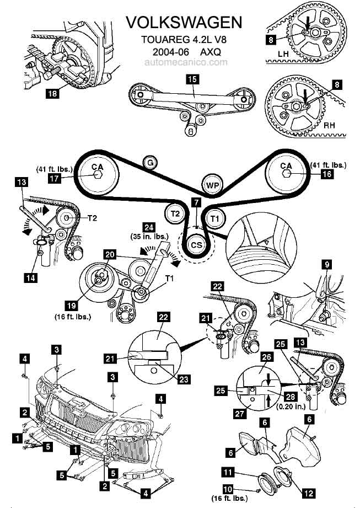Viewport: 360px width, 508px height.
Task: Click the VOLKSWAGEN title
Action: (184, 22)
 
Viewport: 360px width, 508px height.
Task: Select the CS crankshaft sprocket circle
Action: (196, 243)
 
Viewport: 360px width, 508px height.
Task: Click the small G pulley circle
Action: (149, 162)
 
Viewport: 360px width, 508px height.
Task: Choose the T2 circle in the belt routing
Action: (174, 213)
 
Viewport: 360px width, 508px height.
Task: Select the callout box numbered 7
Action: (196, 202)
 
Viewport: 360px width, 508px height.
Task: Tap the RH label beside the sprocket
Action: (329, 125)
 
